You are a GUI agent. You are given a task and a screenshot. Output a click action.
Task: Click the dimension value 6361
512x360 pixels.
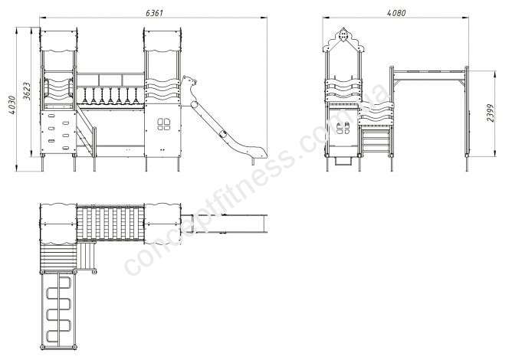pos(154,13)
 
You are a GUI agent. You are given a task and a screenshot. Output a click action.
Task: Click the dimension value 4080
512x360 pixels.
pos(396,13)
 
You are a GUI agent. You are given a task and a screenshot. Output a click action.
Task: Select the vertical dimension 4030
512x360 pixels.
pos(12,105)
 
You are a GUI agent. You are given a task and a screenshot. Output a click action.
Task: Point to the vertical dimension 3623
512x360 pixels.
pos(27,91)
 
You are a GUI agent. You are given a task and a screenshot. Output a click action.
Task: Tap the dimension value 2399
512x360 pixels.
pos(490,113)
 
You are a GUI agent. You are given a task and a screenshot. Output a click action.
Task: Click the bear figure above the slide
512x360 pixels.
pos(189,89)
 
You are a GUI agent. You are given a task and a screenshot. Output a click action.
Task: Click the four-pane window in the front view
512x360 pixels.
pos(163,124)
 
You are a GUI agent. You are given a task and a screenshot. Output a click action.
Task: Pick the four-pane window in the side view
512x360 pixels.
pos(343,128)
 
